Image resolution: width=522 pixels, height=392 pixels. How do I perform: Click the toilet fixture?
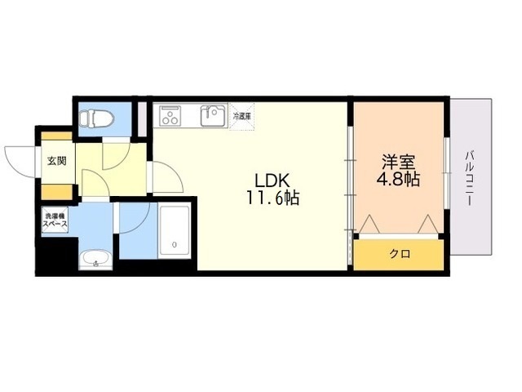(96, 118)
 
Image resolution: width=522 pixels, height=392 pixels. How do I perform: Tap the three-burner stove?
(170, 116)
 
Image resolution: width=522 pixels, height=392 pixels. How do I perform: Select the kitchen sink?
(213, 116)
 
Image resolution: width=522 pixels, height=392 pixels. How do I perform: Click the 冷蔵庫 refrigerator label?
(241, 116)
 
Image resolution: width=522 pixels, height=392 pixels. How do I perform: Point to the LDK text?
(272, 181)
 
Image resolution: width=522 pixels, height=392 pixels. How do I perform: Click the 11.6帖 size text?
(272, 198)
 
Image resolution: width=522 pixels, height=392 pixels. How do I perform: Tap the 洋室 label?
(399, 163)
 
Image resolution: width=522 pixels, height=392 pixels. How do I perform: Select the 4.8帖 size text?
(398, 180)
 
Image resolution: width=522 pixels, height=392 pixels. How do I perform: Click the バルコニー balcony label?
(470, 178)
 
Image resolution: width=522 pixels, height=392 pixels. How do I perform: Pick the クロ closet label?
(400, 254)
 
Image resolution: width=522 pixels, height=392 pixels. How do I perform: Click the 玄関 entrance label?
(57, 162)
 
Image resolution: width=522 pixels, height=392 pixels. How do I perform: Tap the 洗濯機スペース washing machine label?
(55, 220)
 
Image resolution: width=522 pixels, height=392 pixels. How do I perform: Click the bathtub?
(175, 231)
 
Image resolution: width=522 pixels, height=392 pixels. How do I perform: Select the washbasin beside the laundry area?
(96, 260)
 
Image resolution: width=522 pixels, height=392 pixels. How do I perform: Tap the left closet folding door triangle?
(369, 224)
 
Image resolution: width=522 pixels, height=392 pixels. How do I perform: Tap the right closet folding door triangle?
(427, 224)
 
